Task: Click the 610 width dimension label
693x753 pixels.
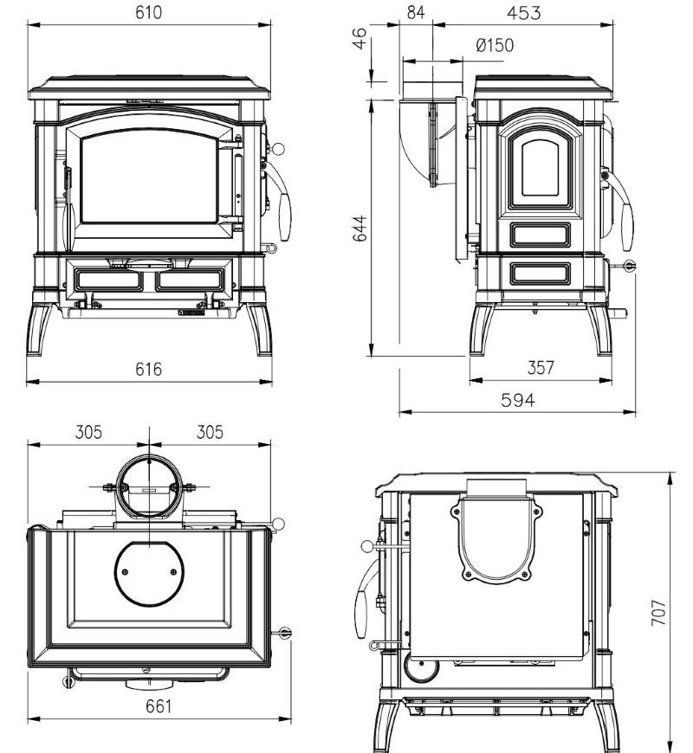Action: (148, 12)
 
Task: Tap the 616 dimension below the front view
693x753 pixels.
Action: (148, 370)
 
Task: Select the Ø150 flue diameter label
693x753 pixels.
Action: (495, 45)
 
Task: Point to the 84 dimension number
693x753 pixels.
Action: (416, 12)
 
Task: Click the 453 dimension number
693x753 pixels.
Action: (524, 12)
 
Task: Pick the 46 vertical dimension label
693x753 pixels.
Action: (359, 38)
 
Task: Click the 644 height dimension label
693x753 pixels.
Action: (359, 228)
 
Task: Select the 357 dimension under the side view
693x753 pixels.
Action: (541, 367)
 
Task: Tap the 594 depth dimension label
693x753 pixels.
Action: (518, 400)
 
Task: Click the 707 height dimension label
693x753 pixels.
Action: (658, 612)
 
